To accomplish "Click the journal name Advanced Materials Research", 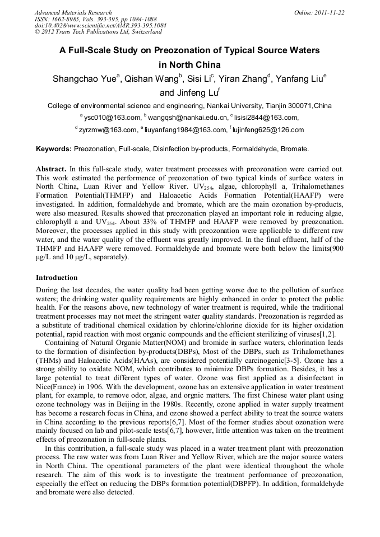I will [73, 12].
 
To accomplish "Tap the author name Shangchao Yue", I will [84, 79].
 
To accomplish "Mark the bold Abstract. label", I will [51, 169].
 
